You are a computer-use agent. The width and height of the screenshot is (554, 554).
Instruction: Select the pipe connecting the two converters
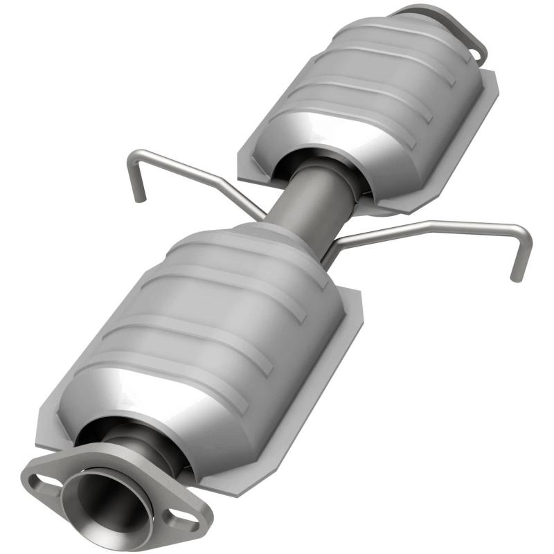click(305, 201)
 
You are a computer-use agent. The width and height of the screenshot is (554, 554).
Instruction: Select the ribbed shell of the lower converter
click(208, 325)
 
